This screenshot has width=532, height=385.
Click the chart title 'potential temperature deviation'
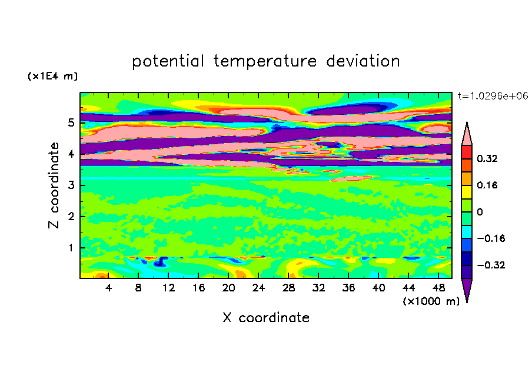[x=265, y=61]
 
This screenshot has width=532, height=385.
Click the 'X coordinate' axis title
[x=266, y=318]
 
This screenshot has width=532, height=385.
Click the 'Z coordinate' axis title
[x=55, y=185]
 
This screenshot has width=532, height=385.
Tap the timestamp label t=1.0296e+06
[x=493, y=95]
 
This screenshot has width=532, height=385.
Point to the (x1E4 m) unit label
[x=52, y=77]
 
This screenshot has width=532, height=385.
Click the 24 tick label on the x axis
[x=258, y=288]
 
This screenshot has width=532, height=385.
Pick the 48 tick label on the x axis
[x=438, y=288]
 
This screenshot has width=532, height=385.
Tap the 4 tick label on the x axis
[x=109, y=288]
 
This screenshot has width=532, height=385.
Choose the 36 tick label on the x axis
[x=348, y=288]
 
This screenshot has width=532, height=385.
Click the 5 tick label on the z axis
[x=71, y=123]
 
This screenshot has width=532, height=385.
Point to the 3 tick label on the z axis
[x=71, y=185]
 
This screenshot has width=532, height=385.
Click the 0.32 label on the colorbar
[x=487, y=159]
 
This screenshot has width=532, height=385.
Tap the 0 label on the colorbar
[x=479, y=212]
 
